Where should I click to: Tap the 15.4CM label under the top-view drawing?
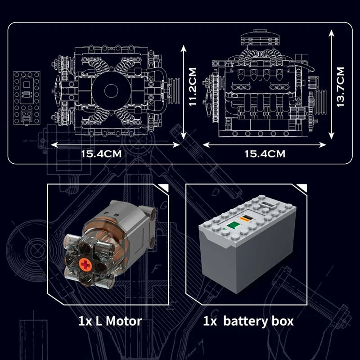click(101, 153)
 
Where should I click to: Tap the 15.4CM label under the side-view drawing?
click(265, 153)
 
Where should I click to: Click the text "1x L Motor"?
click(110, 321)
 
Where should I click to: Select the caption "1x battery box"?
click(248, 321)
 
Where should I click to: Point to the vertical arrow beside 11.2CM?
click(183, 92)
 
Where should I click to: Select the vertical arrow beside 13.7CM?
click(331, 85)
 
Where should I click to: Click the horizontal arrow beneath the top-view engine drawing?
click(115, 145)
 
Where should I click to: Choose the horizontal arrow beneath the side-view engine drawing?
click(265, 145)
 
